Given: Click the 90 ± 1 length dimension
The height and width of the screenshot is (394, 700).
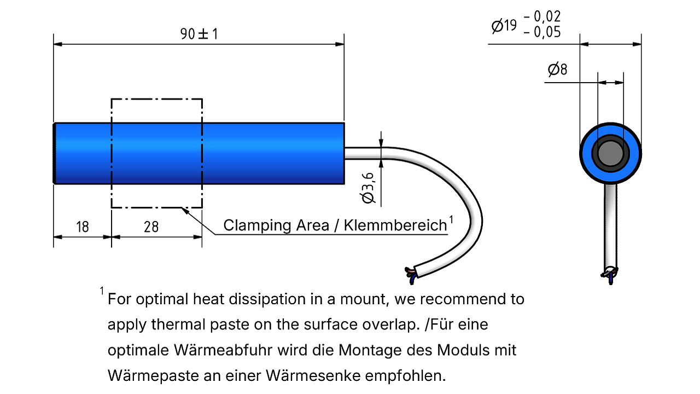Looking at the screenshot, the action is click(199, 34).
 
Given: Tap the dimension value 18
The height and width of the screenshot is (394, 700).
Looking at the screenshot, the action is click(83, 227).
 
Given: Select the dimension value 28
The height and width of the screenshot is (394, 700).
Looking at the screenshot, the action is click(151, 227).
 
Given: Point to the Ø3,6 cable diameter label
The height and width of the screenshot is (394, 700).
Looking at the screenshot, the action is click(367, 188).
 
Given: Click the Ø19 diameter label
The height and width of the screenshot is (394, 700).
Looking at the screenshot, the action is click(504, 26).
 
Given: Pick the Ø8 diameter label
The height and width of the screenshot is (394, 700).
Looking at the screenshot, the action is click(557, 69).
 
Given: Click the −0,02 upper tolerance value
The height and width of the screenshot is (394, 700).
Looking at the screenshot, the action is click(542, 16).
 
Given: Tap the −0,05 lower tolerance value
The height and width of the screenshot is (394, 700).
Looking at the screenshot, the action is click(542, 32).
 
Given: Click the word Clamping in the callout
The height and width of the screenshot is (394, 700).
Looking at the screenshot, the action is click(258, 226).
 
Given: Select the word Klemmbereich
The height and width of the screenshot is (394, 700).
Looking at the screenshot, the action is click(395, 225).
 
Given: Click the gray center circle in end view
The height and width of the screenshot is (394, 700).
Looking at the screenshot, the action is click(610, 153).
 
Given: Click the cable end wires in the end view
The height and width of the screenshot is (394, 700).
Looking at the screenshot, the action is click(610, 275).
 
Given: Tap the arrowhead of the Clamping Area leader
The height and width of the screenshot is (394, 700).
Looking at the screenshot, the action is click(185, 211).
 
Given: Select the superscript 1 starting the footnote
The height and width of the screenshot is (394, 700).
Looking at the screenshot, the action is click(102, 291).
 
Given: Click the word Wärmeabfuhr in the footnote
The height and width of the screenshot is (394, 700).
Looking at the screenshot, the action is click(223, 350).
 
